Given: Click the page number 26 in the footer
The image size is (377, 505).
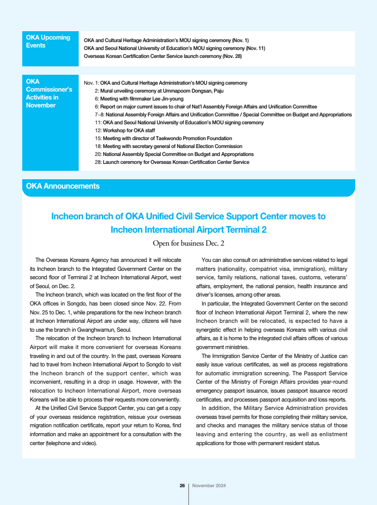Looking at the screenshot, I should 182,486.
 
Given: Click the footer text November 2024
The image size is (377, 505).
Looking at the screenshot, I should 209,486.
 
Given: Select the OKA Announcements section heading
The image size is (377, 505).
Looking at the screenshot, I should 63,186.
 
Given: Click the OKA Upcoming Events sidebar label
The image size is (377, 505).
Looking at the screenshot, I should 48,41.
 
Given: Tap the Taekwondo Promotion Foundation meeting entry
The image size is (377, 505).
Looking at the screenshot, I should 163,138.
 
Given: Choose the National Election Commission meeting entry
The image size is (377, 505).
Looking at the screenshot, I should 168,146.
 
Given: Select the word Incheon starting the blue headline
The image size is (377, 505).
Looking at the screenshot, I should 68,216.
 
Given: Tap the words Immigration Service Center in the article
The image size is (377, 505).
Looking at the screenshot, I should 246,356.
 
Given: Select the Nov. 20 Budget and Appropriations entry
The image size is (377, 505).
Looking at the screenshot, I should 174,154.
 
